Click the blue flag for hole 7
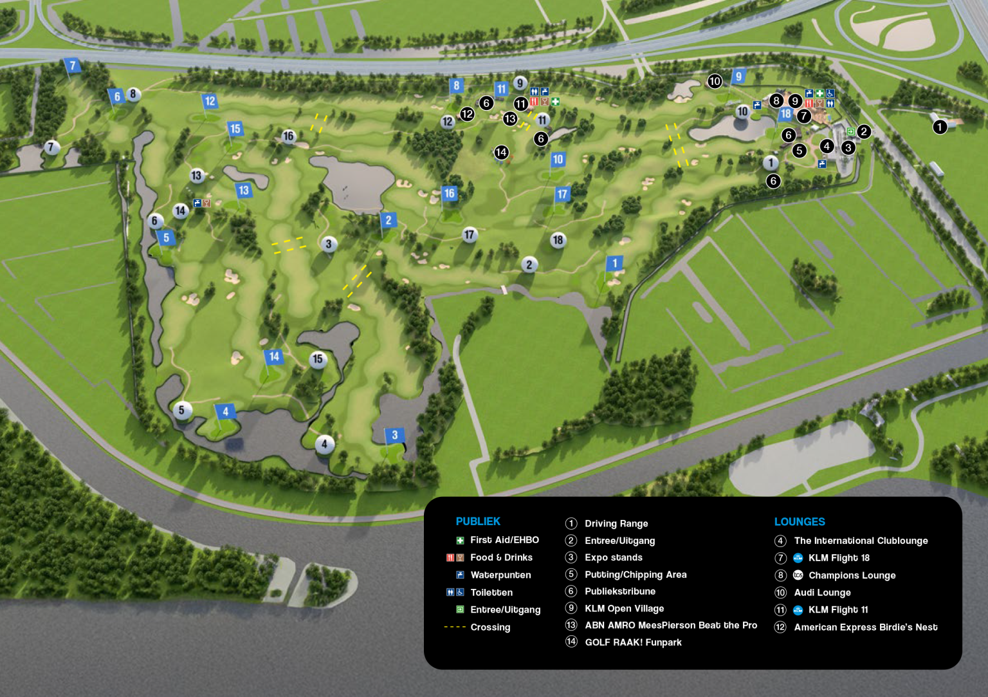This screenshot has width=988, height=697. tap(72, 65)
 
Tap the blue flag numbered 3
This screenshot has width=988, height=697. tap(394, 435)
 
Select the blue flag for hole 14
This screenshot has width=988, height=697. tap(274, 357)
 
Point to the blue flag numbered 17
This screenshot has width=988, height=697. tap(562, 194)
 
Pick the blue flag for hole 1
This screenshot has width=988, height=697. tap(614, 263)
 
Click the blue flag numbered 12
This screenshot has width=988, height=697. tap(210, 101)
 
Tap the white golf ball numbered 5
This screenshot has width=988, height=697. tap(182, 410)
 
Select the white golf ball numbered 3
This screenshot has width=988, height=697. tap(329, 244)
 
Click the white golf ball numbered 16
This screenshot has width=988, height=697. tap(288, 136)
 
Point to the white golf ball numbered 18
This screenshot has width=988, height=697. tap(558, 240)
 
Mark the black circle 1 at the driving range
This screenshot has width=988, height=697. tap(940, 127)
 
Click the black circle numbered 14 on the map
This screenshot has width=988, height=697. tap(501, 153)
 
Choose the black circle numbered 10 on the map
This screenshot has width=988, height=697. tap(715, 81)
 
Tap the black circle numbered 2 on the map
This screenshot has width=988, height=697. tap(864, 131)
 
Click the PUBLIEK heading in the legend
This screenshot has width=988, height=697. tap(478, 521)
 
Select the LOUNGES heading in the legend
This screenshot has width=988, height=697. tap(800, 522)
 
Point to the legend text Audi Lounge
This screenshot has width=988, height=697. tap(822, 593)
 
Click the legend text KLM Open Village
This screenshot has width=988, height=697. tap(624, 609)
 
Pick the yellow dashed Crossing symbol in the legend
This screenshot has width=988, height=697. tap(455, 627)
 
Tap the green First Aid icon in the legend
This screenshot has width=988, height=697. tap(460, 541)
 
